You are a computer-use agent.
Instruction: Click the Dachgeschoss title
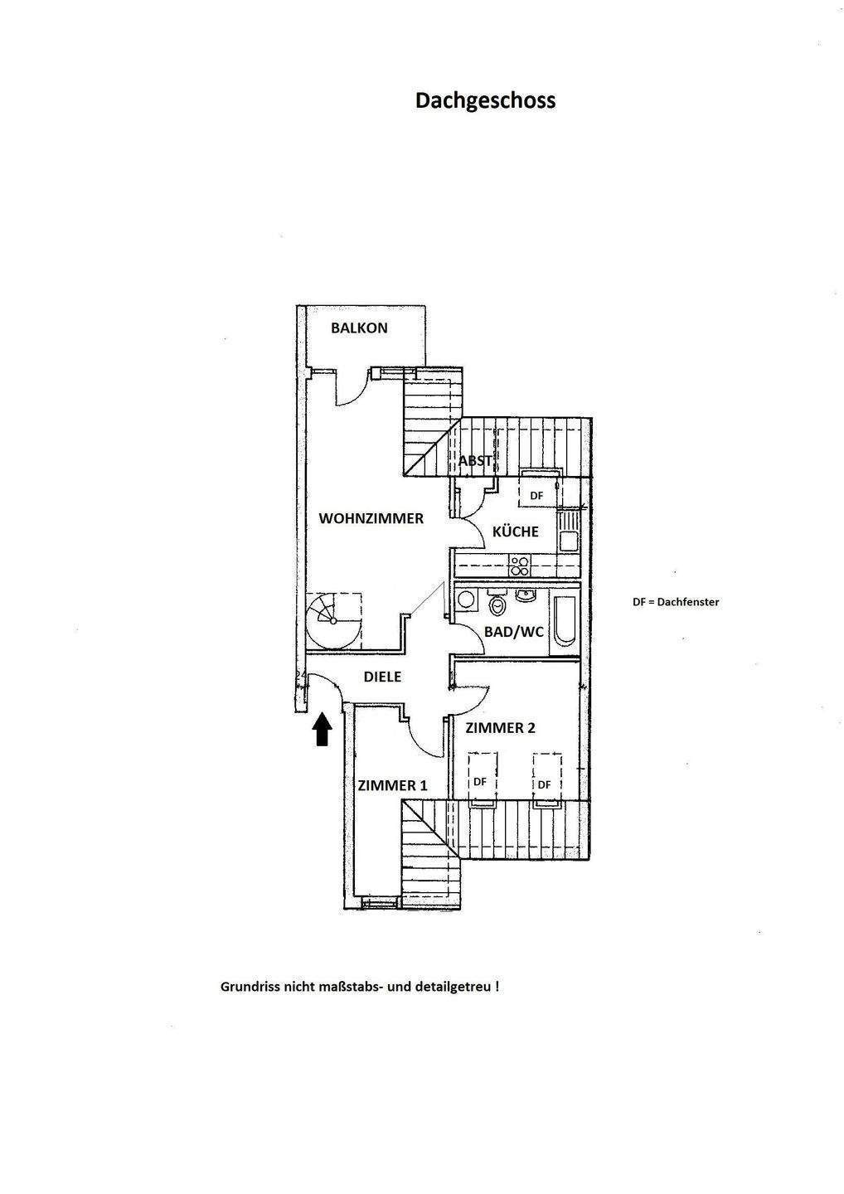click(x=485, y=100)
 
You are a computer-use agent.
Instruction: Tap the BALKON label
click(x=359, y=328)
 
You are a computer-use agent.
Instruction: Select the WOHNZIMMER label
click(x=371, y=518)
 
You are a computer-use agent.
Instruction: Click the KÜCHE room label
click(x=516, y=531)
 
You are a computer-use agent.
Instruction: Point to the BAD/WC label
click(x=514, y=632)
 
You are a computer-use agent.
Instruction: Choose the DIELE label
click(x=382, y=677)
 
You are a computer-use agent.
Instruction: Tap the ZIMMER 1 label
click(x=392, y=785)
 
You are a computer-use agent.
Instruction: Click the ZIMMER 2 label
click(x=500, y=728)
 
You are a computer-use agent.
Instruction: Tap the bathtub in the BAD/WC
click(x=565, y=619)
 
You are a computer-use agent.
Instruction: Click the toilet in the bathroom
click(x=497, y=605)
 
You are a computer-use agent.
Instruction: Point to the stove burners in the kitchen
click(x=520, y=566)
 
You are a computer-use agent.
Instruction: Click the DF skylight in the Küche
click(x=537, y=495)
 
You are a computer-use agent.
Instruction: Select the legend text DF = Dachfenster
click(x=676, y=602)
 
